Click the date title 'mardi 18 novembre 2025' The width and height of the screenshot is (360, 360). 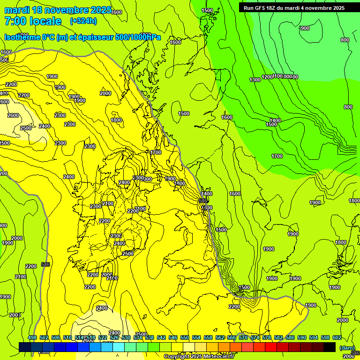(x=58, y=10)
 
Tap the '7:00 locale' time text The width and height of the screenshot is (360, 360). (x=33, y=21)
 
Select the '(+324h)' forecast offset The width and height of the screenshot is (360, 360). (x=83, y=21)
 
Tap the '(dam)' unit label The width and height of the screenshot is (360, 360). (x=347, y=348)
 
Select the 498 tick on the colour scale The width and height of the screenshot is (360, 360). (x=32, y=337)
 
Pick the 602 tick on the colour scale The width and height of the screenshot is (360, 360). (x=337, y=337)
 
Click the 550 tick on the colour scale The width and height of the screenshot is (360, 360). (x=185, y=337)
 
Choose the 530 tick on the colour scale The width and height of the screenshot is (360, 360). (x=126, y=337)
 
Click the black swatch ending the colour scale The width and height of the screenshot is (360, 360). (x=330, y=347)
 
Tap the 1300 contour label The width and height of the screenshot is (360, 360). (x=255, y=80)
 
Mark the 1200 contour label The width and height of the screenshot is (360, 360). (x=267, y=77)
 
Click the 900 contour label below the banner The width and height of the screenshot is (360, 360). (x=305, y=28)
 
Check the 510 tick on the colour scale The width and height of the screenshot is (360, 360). (x=67, y=337)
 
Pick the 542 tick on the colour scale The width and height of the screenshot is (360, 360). (x=161, y=337)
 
